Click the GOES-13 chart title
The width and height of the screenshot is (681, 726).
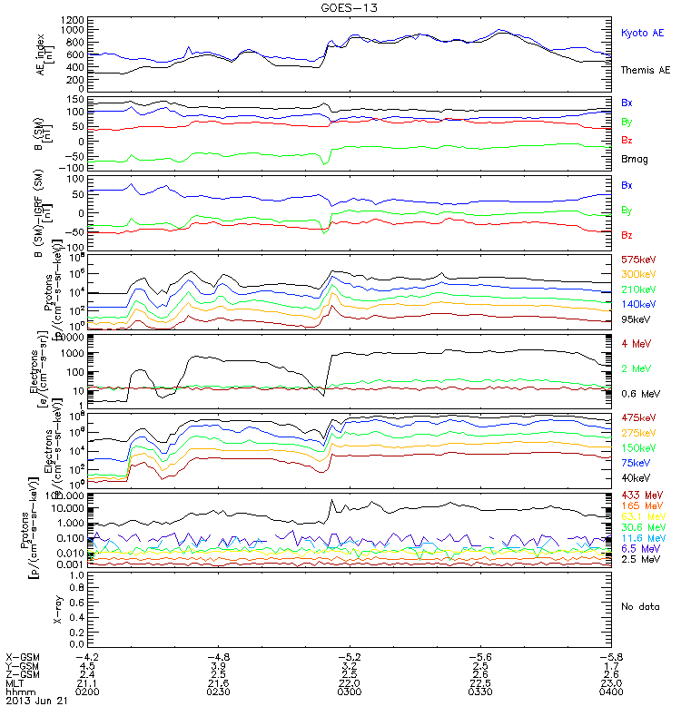(341, 7)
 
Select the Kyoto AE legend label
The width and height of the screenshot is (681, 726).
(642, 33)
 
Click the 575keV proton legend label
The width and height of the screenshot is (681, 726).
(637, 260)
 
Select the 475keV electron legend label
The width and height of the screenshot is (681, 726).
(637, 417)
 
